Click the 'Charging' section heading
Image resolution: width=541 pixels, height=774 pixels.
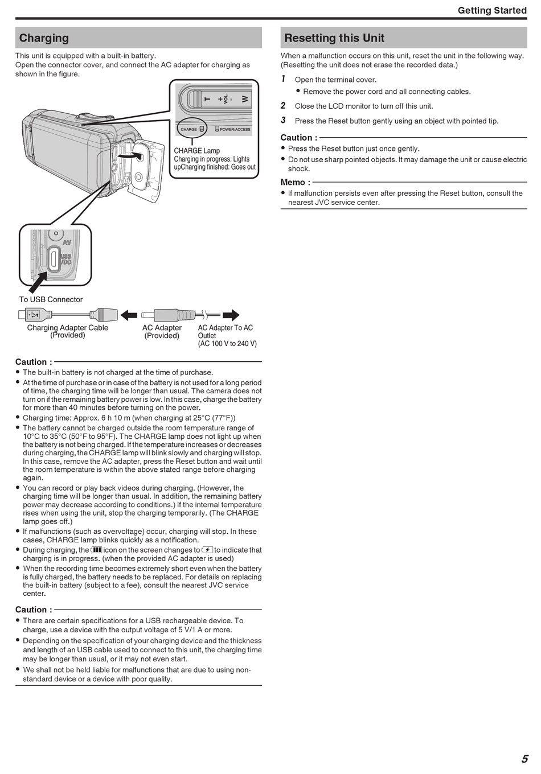pos(44,38)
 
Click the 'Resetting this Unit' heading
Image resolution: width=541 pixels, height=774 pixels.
pos(334,38)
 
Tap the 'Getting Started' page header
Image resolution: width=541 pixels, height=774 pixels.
pos(492,10)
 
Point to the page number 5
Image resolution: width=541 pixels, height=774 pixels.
pos(524,759)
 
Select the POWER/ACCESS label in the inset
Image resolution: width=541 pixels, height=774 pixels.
pos(235,130)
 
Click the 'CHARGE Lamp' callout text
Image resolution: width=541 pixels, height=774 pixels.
pos(196,151)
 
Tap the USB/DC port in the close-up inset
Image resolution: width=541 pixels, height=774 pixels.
pos(53,258)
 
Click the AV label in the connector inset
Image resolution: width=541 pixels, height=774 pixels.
pos(67,242)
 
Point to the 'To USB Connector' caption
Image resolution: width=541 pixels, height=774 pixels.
pos(51,299)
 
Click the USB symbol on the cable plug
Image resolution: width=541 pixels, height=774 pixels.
pos(33,315)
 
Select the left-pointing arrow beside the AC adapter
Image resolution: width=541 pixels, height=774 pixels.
pos(129,315)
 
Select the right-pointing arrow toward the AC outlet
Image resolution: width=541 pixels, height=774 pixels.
pos(231,315)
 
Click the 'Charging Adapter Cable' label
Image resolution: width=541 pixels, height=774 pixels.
pos(67,328)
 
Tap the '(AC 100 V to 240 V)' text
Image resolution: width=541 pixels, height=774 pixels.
pos(227,344)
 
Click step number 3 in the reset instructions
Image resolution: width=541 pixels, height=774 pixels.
pos(283,120)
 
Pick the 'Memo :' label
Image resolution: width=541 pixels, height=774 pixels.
pos(295,182)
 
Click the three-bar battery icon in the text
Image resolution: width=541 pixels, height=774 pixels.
pos(96,550)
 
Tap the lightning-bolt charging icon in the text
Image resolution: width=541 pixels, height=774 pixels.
pos(207,550)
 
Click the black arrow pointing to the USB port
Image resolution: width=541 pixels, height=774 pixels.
pos(38,282)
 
